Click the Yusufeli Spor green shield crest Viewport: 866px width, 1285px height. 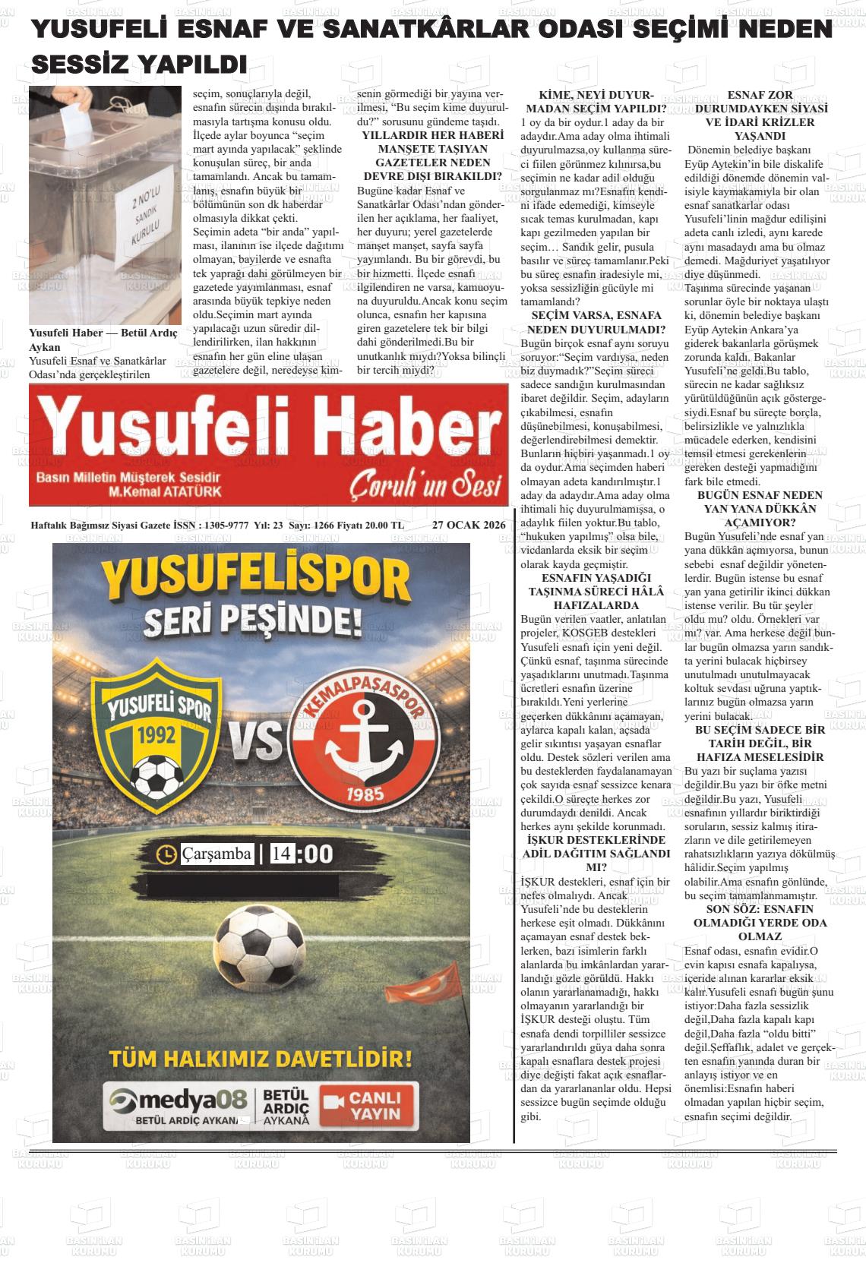click(x=153, y=730)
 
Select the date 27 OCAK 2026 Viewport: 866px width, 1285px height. click(x=469, y=525)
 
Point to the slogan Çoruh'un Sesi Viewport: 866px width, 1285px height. click(x=425, y=485)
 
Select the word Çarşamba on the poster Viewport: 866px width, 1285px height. click(x=216, y=854)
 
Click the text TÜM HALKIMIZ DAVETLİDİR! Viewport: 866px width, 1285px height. click(x=261, y=1058)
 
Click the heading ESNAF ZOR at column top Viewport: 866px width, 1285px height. click(x=760, y=95)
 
